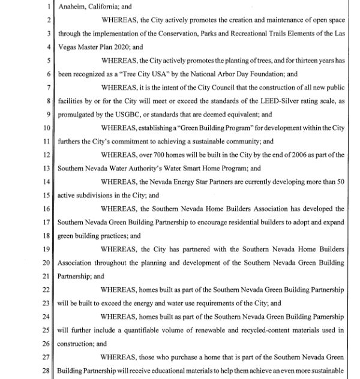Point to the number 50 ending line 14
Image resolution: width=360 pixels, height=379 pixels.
coord(340,181)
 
